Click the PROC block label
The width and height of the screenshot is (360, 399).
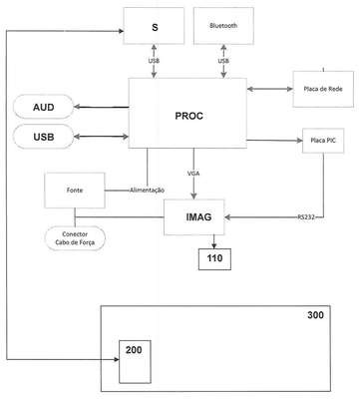coord(188,116)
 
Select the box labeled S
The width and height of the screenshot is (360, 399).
coord(154,26)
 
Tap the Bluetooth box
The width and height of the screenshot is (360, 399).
coord(223,26)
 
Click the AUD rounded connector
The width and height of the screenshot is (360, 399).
coord(44,107)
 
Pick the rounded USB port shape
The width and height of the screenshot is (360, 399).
coord(44,137)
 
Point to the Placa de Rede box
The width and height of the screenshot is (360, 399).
coord(323,89)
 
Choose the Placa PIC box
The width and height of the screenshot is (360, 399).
coord(323,141)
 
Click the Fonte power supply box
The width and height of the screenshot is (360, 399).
coord(75,191)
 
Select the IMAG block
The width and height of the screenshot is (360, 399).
coord(194,217)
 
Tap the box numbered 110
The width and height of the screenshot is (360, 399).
coord(214,259)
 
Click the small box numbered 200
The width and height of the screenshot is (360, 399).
coord(135,362)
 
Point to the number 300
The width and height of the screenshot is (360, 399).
coord(315,315)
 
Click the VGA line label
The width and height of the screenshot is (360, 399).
coord(193,174)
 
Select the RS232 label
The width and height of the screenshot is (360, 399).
coord(306,217)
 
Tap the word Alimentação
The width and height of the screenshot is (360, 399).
coord(147,191)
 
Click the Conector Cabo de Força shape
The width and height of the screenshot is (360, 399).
coord(75,238)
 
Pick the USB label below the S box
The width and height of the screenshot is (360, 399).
coord(154,61)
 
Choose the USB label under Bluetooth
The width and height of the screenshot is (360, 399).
coord(223,61)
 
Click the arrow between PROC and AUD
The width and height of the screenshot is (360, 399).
coord(102,107)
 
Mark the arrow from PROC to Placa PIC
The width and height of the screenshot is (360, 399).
coord(274,141)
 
